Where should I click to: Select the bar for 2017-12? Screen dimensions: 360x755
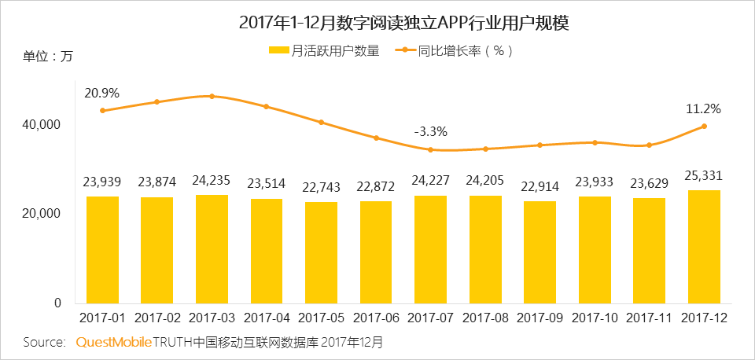[x=705, y=246]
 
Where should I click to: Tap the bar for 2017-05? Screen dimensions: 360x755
[x=321, y=252]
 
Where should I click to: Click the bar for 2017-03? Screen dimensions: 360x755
[x=212, y=248]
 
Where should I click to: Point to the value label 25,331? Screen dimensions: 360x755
[x=705, y=174]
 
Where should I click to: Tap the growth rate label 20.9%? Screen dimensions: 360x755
[x=102, y=93]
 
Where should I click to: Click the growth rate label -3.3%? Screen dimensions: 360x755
[x=430, y=131]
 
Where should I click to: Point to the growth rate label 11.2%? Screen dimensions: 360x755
[x=705, y=108]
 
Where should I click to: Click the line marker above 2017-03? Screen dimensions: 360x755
[x=212, y=96]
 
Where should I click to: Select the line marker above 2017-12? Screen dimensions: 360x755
[x=705, y=126]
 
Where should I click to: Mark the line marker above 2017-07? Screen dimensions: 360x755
[x=430, y=149]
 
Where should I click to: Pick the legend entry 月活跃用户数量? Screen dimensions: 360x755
[x=324, y=51]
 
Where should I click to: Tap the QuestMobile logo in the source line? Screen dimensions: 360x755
[x=113, y=343]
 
